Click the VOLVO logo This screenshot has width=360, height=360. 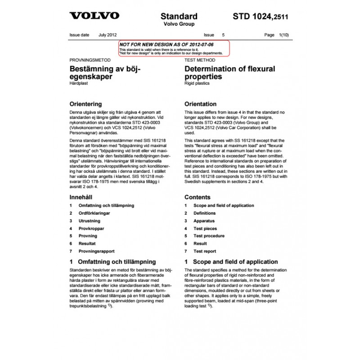(94, 16)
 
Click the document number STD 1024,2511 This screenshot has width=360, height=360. (261, 17)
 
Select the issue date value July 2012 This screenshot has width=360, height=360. (108, 35)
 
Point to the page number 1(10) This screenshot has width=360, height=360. (283, 35)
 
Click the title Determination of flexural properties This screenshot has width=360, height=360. (229, 73)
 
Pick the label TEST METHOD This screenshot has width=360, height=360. (200, 60)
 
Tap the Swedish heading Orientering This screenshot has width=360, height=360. (87, 104)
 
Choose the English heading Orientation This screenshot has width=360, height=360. (200, 104)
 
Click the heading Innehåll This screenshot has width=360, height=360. (81, 197)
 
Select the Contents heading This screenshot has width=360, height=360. (197, 197)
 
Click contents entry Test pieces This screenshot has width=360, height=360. (205, 229)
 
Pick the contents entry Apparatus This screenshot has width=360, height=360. (204, 221)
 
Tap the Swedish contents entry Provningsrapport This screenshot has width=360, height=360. (96, 251)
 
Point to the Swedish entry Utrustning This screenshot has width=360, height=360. (89, 221)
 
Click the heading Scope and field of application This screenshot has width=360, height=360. (235, 261)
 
